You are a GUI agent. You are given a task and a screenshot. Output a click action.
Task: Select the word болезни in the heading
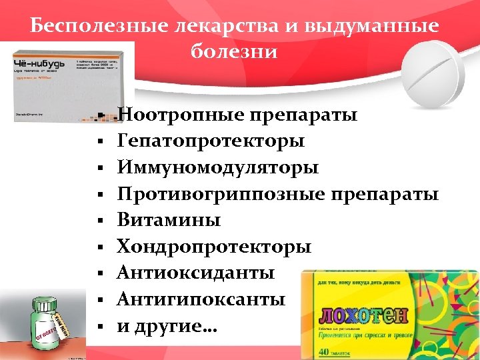pos(233,51)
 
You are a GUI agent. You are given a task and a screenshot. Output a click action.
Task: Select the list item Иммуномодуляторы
pos(217,167)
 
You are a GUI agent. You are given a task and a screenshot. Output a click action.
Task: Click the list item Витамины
pos(169,220)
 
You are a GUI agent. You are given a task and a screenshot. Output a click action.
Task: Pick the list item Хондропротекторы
pos(213,246)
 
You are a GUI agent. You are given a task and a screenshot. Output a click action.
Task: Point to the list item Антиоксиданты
pos(195,273)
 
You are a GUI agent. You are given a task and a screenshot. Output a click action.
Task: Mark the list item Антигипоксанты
pos(201,299)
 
